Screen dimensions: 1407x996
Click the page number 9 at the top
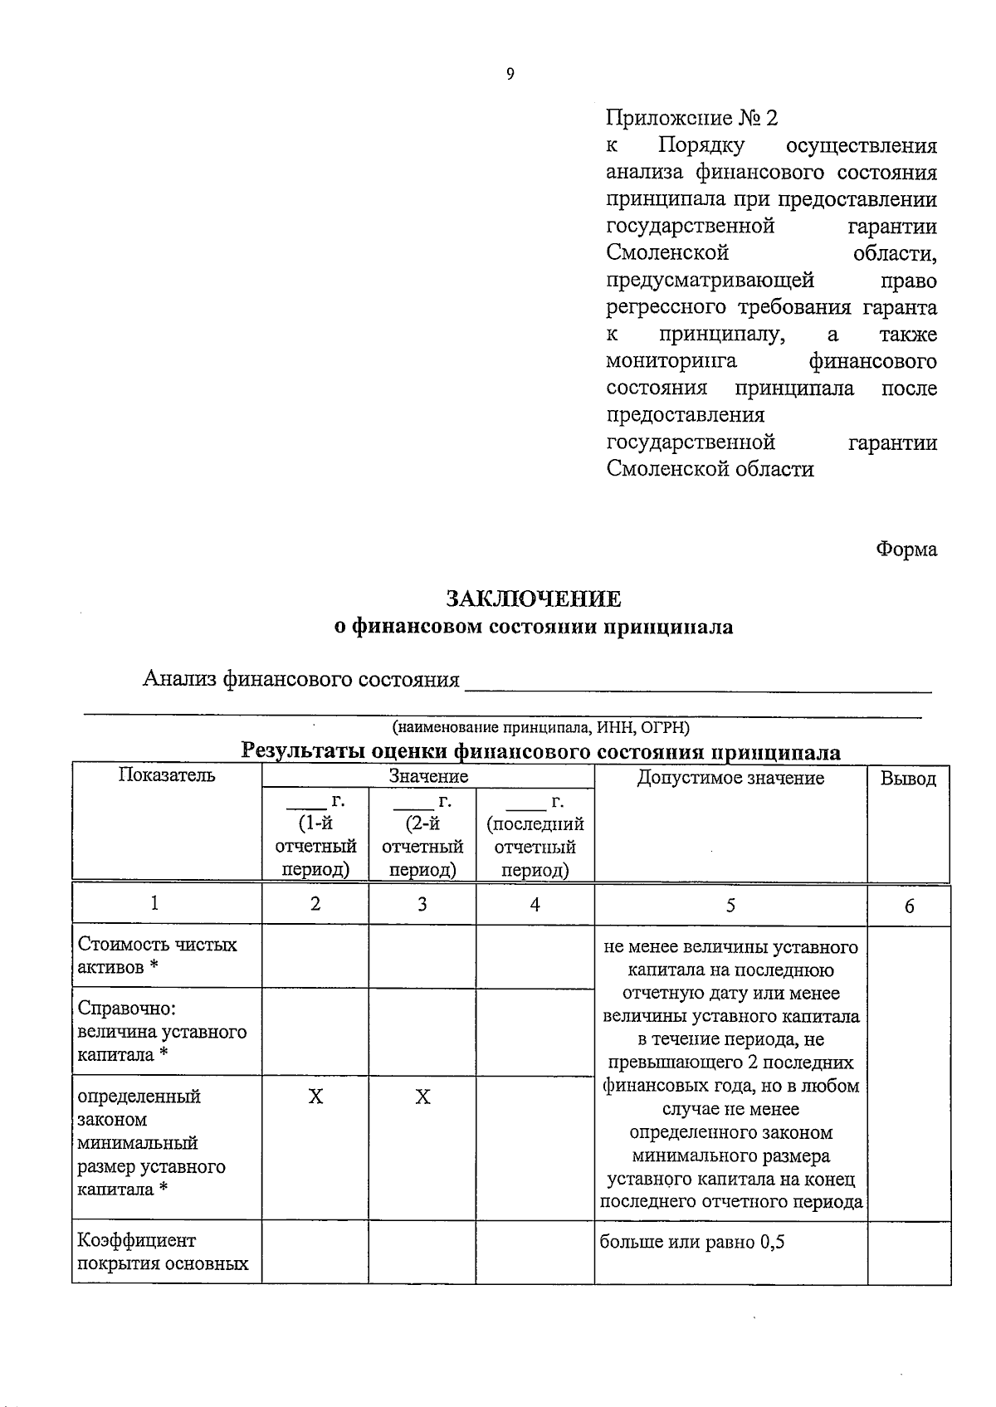pyautogui.click(x=510, y=75)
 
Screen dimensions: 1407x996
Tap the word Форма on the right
pyautogui.click(x=906, y=549)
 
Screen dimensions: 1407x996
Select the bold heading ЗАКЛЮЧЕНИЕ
pyautogui.click(x=533, y=598)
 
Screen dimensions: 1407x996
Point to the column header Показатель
pyautogui.click(x=167, y=775)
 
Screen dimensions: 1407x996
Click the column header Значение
pyautogui.click(x=428, y=777)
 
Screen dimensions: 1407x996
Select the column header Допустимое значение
pyautogui.click(x=730, y=778)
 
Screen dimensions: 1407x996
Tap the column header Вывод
pyautogui.click(x=908, y=779)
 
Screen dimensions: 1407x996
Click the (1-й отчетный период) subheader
pyautogui.click(x=315, y=847)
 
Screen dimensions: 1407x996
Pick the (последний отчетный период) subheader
pyautogui.click(x=535, y=847)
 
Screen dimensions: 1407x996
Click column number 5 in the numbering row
pyautogui.click(x=730, y=905)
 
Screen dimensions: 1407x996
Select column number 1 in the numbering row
pyautogui.click(x=155, y=903)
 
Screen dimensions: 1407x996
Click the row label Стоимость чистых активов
pyautogui.click(x=158, y=955)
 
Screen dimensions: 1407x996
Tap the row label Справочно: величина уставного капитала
pyautogui.click(x=162, y=1031)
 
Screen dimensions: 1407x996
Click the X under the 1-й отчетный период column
pyautogui.click(x=315, y=1097)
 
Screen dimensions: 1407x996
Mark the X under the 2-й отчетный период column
pyautogui.click(x=422, y=1097)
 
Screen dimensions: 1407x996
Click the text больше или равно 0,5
pyautogui.click(x=692, y=1242)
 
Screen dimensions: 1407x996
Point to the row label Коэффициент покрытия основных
pyautogui.click(x=163, y=1252)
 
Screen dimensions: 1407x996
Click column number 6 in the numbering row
pyautogui.click(x=910, y=906)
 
